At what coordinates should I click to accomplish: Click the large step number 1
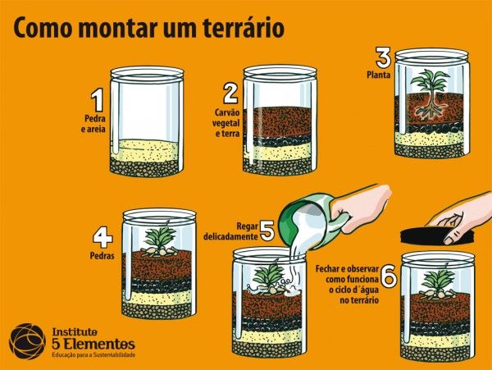tap(97, 101)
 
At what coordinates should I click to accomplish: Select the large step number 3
tap(382, 59)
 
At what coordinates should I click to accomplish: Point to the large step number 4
tap(102, 239)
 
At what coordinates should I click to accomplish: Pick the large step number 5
tap(266, 229)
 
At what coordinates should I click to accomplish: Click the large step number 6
tap(389, 278)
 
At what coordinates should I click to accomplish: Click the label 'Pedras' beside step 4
tap(100, 256)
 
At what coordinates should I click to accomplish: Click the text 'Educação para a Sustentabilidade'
tap(93, 354)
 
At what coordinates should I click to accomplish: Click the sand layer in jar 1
tap(148, 149)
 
